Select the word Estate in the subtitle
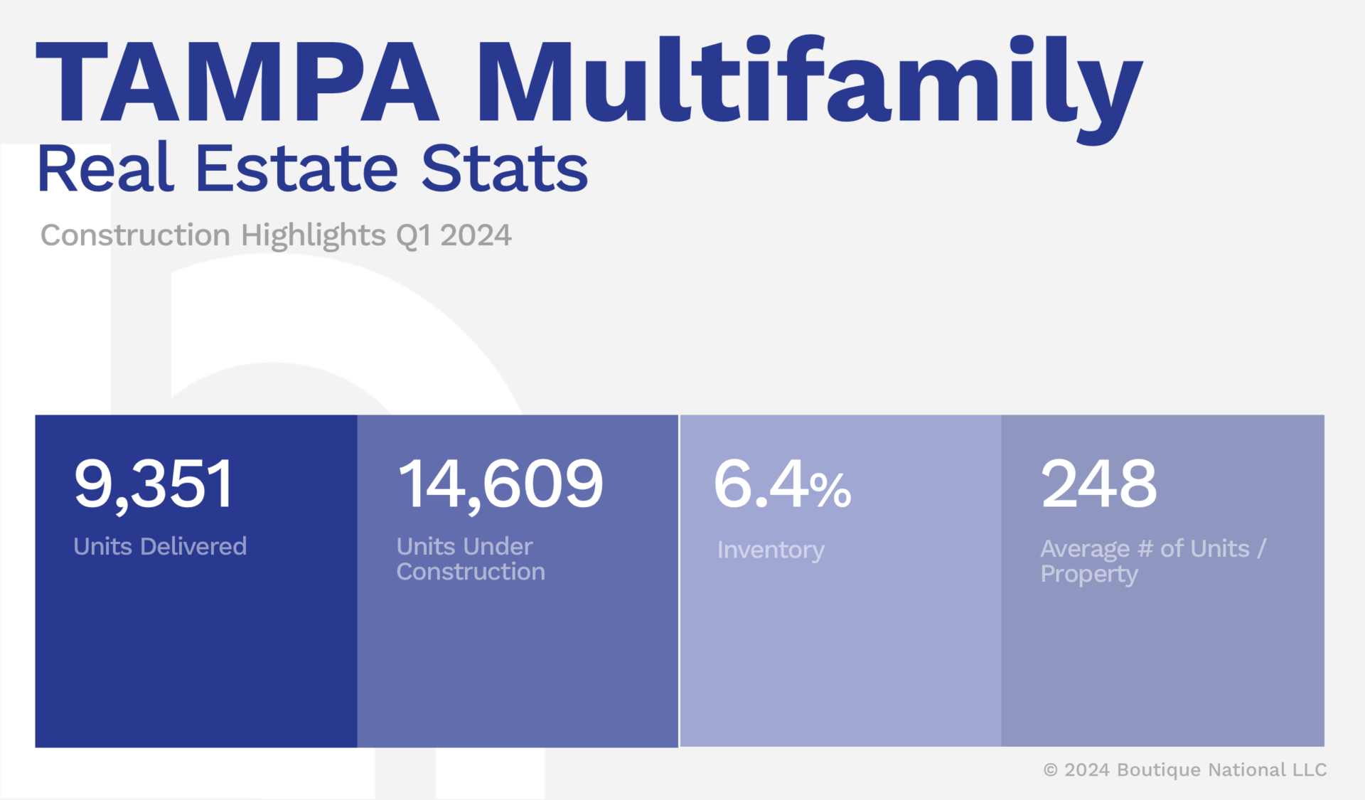tap(296, 169)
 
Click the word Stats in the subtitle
tap(505, 169)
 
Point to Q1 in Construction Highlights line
tap(414, 235)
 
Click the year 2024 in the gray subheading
tap(476, 235)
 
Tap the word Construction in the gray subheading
tap(135, 235)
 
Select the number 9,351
tap(154, 484)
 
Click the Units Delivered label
tap(160, 546)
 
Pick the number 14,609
tap(500, 484)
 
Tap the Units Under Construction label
tap(470, 559)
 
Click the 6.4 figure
tap(761, 484)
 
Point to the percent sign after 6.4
tap(830, 489)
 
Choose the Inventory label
tap(771, 550)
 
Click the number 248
tap(1099, 484)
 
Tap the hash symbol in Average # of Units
tap(1145, 549)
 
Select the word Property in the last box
tap(1089, 575)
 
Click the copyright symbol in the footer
tap(1050, 770)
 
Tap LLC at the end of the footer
tap(1310, 770)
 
